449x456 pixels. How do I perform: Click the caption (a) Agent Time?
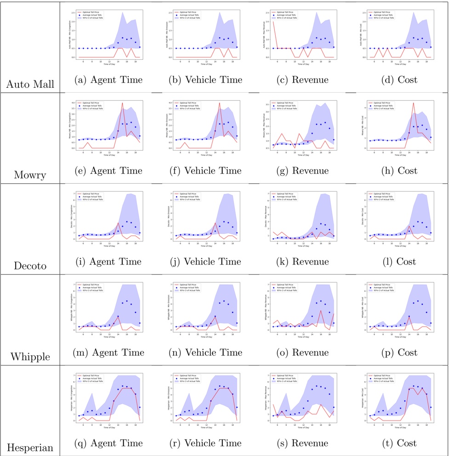click(108, 80)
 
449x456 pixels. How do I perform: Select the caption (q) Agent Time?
click(108, 443)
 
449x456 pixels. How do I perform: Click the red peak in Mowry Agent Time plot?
click(122, 103)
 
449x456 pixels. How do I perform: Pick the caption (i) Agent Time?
click(108, 262)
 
